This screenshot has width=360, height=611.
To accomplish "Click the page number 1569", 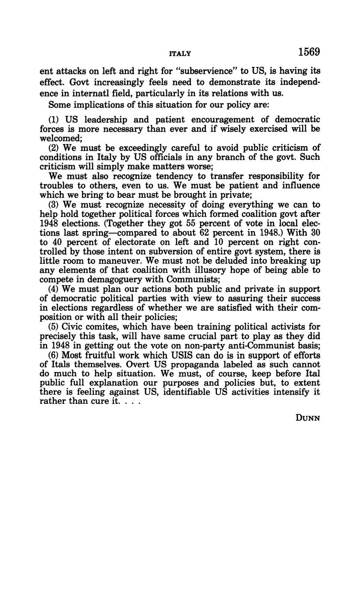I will click(x=309, y=52).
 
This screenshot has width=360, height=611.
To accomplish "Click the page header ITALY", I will click(x=180, y=54).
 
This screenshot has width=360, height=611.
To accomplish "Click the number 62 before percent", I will click(x=204, y=232).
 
